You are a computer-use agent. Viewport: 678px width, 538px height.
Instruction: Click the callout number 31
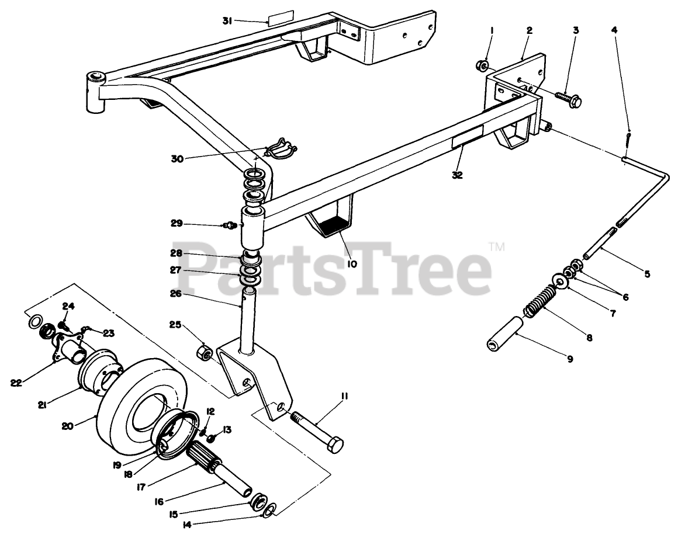(x=228, y=21)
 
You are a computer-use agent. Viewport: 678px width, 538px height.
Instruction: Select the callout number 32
(x=457, y=175)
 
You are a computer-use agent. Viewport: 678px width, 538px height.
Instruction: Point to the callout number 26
(x=175, y=294)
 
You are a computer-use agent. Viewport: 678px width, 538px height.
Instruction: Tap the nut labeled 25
(x=205, y=352)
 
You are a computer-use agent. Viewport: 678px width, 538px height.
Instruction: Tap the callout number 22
(x=16, y=383)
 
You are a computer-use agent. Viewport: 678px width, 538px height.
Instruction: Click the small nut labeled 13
(x=212, y=438)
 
